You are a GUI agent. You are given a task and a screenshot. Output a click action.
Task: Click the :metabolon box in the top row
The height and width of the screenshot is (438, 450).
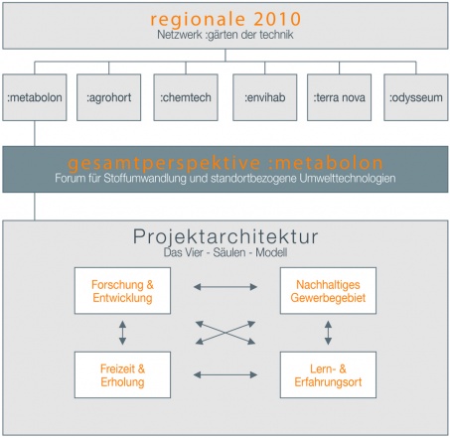click(35, 97)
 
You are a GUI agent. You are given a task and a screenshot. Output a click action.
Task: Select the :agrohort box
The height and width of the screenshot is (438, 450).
click(109, 97)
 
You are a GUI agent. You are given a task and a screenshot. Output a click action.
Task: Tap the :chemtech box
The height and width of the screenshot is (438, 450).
click(186, 97)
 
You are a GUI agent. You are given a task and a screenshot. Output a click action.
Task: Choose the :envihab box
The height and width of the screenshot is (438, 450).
click(265, 97)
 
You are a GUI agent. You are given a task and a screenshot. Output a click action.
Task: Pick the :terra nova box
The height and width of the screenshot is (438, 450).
click(340, 97)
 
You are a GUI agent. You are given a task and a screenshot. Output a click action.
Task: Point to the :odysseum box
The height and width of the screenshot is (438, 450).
click(416, 97)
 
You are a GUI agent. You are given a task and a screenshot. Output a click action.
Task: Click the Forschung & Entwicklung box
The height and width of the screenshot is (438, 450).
click(122, 291)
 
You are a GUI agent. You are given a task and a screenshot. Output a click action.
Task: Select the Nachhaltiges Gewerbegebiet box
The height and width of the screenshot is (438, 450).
click(328, 291)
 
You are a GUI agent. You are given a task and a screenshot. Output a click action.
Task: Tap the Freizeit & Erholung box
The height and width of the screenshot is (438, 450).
click(122, 374)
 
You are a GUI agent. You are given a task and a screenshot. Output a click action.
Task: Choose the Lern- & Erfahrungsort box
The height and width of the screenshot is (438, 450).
click(328, 374)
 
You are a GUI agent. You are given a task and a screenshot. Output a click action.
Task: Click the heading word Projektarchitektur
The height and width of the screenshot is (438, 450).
click(225, 237)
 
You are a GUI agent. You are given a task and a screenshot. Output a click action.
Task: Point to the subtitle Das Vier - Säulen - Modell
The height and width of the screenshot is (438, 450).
click(225, 252)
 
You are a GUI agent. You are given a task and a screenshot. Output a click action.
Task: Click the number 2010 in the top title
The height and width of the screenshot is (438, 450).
click(277, 19)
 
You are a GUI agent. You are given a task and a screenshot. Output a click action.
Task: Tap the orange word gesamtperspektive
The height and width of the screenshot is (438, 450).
click(164, 163)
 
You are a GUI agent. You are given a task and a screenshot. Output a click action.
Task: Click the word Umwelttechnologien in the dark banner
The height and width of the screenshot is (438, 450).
click(348, 178)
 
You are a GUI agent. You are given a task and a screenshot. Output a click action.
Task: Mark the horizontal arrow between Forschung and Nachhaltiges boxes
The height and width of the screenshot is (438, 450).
click(225, 287)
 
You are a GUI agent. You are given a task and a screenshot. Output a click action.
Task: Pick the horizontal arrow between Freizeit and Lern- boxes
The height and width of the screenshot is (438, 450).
click(225, 374)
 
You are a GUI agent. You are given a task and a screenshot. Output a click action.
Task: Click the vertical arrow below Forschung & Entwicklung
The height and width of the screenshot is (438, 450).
click(122, 333)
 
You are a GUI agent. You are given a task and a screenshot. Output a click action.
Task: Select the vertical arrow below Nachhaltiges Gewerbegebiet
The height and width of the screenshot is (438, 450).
click(328, 333)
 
